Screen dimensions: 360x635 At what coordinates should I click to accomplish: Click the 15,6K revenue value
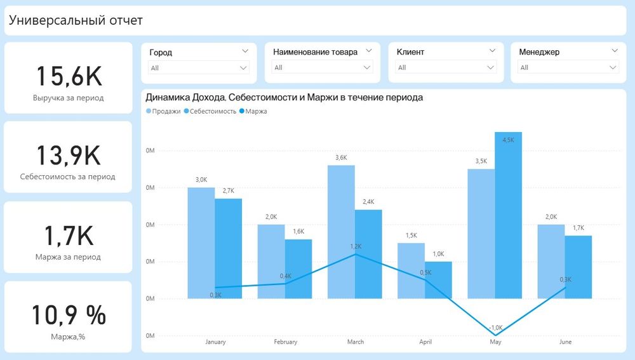click(68, 76)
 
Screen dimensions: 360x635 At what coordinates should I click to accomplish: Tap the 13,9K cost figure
click(68, 156)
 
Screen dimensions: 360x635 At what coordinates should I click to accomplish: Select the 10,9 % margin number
click(68, 315)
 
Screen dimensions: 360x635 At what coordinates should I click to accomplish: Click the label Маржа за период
click(68, 257)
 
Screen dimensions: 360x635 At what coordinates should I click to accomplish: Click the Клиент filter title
click(410, 52)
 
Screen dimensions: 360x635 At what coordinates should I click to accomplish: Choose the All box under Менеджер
click(568, 67)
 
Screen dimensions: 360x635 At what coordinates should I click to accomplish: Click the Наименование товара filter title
click(315, 52)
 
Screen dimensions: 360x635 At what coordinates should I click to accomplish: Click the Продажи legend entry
click(163, 111)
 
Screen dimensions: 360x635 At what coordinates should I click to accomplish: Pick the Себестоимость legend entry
click(210, 111)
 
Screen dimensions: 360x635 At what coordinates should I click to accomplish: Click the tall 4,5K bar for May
click(508, 216)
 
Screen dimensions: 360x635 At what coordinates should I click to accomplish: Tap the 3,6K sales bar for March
click(341, 232)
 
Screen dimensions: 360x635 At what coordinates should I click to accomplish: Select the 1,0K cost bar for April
click(438, 280)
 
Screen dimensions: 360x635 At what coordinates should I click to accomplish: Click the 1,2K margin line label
click(356, 246)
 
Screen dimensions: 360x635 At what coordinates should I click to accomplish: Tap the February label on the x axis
click(286, 342)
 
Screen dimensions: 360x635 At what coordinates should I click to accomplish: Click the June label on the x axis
click(565, 342)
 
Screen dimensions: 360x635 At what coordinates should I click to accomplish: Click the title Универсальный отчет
click(76, 20)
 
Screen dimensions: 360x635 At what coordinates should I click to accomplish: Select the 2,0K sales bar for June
click(551, 262)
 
